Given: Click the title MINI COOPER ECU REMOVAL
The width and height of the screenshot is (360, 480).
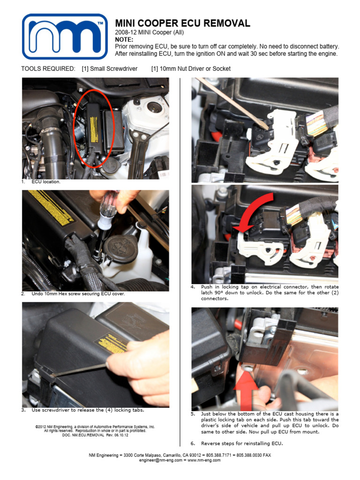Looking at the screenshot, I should (183, 23).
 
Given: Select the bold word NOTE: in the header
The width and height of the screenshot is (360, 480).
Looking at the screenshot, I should (124, 40).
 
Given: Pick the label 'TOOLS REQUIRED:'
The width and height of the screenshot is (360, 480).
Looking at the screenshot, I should (48, 69).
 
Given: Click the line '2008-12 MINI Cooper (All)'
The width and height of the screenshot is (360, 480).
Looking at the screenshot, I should (150, 33).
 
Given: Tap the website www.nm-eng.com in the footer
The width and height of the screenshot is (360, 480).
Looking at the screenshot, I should (204, 460).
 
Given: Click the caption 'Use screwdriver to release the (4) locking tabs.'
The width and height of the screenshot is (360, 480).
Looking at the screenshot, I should (88, 410).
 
